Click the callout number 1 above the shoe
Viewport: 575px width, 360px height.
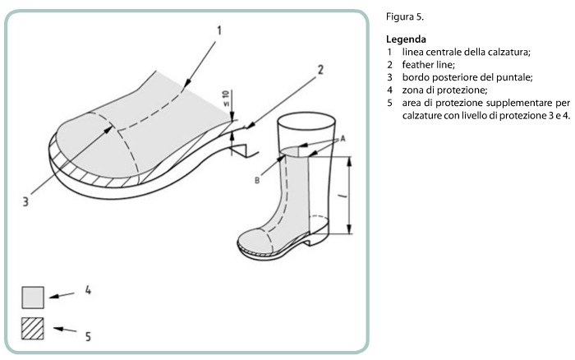point(219,30)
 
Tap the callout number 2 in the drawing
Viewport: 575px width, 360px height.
point(320,70)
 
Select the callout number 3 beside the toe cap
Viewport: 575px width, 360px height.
point(25,202)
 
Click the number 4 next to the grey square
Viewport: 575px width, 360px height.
point(88,290)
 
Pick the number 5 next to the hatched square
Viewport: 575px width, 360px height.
point(88,336)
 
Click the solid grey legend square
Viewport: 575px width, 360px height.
point(33,298)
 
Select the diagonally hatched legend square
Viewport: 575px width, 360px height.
point(33,329)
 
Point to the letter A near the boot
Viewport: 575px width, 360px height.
point(343,139)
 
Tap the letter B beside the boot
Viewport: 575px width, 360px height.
point(257,180)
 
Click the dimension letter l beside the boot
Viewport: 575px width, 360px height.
point(343,197)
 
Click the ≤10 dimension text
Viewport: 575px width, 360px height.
point(226,99)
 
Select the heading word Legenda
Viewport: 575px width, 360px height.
point(406,39)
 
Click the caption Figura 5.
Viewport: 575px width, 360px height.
point(405,17)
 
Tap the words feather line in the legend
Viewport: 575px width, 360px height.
point(428,65)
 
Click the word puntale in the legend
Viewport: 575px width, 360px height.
point(514,78)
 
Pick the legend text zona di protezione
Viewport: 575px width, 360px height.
point(445,90)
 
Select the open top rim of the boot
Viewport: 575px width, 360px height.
point(306,120)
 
